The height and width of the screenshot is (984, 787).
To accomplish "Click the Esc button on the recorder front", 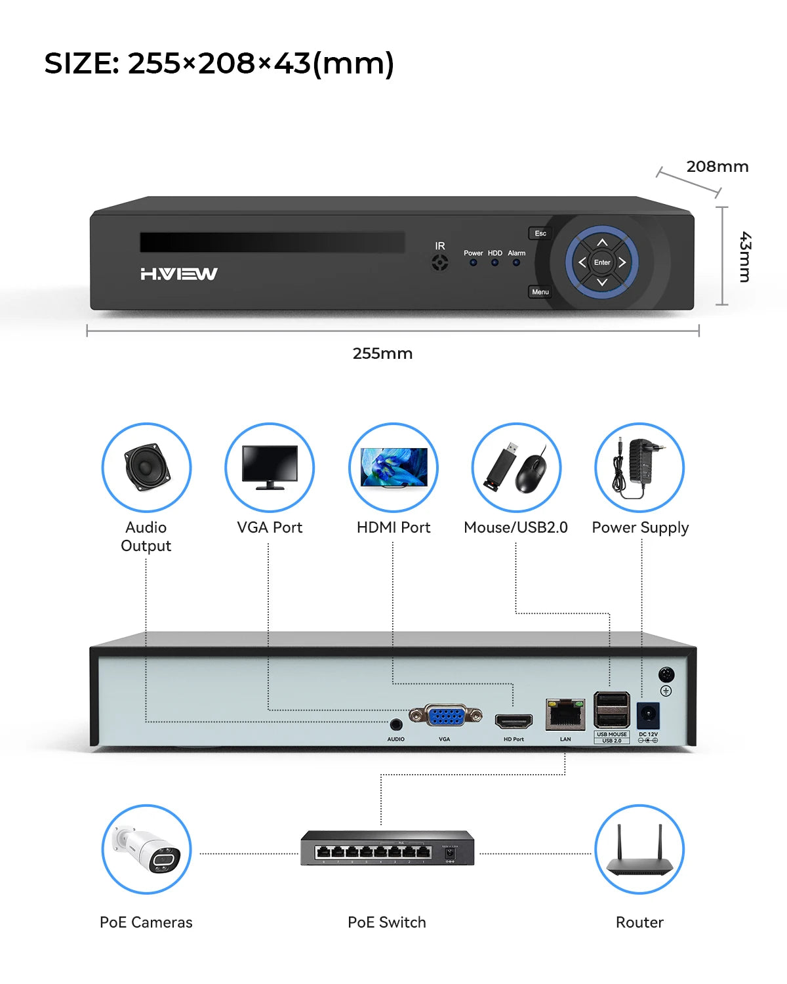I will (x=540, y=234).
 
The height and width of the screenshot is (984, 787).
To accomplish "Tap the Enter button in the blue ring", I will (x=602, y=262).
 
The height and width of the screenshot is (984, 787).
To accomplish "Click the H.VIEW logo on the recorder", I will (x=179, y=274).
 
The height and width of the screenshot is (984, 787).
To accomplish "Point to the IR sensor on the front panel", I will (x=440, y=263).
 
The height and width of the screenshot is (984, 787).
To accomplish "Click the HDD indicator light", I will (x=495, y=262).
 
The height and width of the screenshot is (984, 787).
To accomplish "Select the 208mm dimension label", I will (x=717, y=167).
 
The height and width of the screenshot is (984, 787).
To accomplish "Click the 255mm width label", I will (x=382, y=354).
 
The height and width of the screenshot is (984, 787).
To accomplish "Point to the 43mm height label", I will (x=745, y=256).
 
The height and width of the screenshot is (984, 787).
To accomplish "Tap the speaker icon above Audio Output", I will (x=146, y=467).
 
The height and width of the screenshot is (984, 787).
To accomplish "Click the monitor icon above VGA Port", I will (x=270, y=467).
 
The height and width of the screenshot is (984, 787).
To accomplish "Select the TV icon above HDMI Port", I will (x=393, y=467).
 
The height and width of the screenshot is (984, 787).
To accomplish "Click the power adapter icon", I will (x=639, y=467).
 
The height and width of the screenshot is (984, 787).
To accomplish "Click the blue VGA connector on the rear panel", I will (x=446, y=715).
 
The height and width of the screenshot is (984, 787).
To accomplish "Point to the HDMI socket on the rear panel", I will (x=514, y=722).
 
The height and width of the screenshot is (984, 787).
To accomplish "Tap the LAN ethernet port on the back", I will (x=565, y=714).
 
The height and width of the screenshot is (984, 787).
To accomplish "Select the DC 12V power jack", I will (x=648, y=716).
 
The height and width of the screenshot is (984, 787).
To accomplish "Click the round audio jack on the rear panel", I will (x=395, y=724).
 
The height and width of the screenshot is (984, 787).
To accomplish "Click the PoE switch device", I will (x=387, y=848).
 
